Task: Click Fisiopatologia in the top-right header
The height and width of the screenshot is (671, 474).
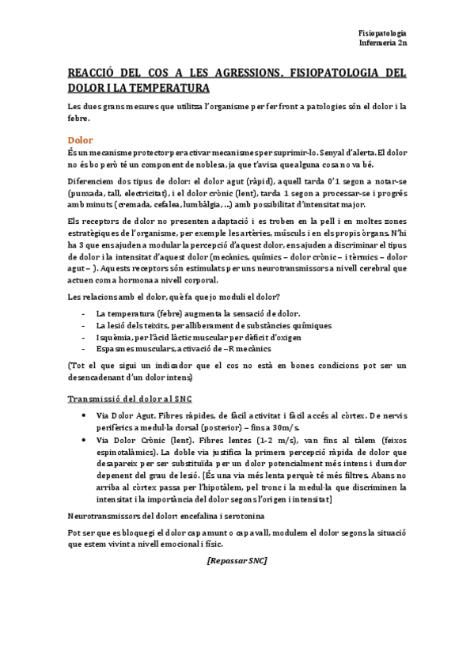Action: coord(382,32)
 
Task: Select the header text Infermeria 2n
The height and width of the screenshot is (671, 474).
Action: coord(382,44)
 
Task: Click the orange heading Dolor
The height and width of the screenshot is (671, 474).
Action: coord(80,139)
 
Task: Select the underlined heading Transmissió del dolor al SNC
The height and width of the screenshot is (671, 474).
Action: coord(130,398)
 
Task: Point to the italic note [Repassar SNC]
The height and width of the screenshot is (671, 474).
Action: coord(237,560)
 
